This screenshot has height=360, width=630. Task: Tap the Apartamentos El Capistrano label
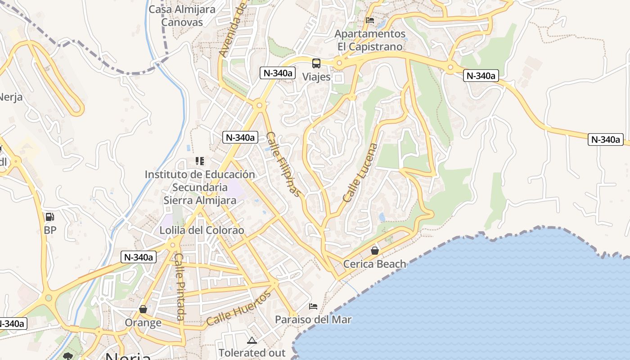point(370,40)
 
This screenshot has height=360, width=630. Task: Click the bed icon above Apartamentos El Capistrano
point(370,20)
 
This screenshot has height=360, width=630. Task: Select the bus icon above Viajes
point(316,63)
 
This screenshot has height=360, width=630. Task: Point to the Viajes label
point(316,76)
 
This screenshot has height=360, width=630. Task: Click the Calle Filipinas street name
point(283,164)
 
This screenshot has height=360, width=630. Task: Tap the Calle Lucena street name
point(360,172)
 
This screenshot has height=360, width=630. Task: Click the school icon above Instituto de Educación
point(200,161)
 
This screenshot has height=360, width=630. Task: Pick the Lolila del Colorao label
point(202,230)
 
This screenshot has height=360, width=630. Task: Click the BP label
point(50,230)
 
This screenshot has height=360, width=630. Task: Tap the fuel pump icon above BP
point(50,217)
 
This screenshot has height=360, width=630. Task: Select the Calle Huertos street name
point(238,308)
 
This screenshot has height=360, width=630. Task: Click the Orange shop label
point(143,323)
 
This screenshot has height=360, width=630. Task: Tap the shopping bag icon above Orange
point(143,309)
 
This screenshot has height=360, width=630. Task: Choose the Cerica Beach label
point(374,264)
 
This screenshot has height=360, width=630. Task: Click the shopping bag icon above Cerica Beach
point(374,251)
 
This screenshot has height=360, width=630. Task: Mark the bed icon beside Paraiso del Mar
point(313,306)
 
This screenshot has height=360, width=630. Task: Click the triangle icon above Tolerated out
point(252,340)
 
